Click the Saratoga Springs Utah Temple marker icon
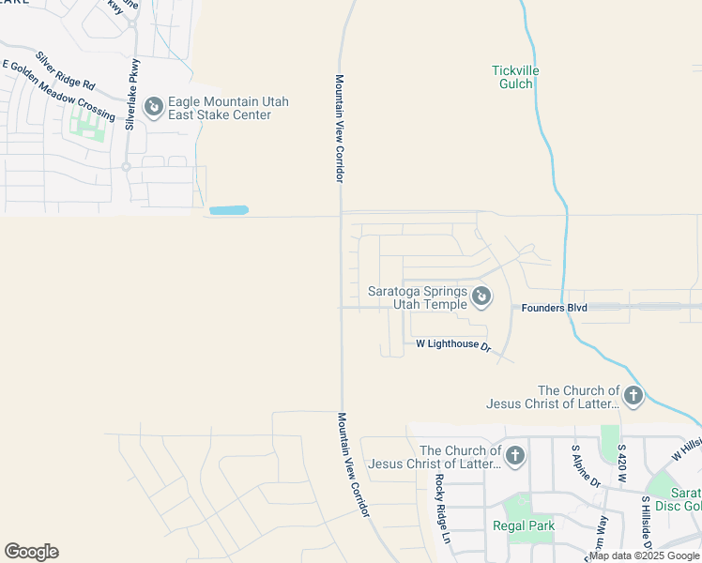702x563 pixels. point(481,297)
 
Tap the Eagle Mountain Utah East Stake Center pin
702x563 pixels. point(153,108)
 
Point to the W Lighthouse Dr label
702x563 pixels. point(453,345)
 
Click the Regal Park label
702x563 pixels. point(524,525)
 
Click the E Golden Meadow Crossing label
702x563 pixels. point(58,91)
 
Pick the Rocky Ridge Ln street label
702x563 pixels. point(442,510)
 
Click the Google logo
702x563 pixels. point(31,552)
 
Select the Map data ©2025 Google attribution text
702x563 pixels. point(645,555)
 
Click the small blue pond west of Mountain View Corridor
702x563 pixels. point(229,210)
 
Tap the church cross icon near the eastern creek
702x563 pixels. point(633,395)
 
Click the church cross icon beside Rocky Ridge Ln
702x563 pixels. point(514,456)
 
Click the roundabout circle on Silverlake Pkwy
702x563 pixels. point(126,166)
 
